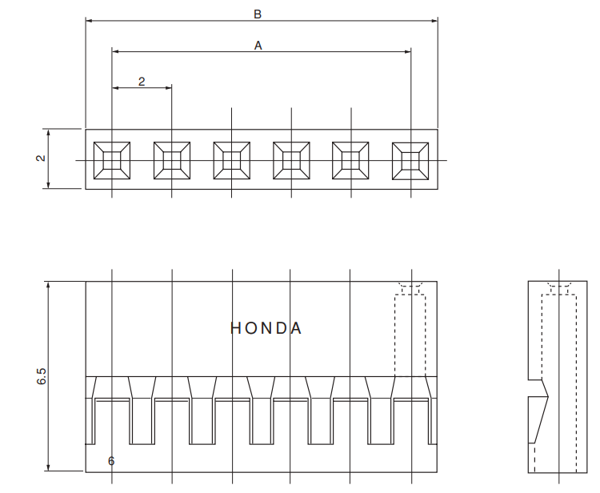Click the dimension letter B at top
coord(258,14)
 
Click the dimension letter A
coord(258,46)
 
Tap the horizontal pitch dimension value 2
coord(142,82)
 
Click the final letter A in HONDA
coord(297,328)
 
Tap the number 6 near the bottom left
coord(110,461)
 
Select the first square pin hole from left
coord(112,160)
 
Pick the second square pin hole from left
coord(172,160)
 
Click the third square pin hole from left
coord(232,160)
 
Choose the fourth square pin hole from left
coord(291,160)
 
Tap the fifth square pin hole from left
coord(351,160)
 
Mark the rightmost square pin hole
coord(410,160)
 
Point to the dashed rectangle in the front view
coord(410,336)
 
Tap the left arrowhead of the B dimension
coord(89,20)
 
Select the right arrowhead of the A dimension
coord(407,52)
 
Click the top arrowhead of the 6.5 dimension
coord(49,285)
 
